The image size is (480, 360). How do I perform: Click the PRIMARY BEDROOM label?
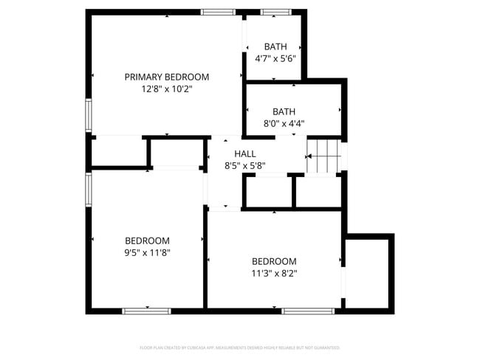tap(166, 77)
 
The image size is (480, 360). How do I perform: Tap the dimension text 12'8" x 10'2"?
tap(166, 89)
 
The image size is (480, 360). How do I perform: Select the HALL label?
tap(245, 153)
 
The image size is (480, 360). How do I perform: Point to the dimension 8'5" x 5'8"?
tap(245, 166)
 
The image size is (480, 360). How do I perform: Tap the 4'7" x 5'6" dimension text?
tap(275, 59)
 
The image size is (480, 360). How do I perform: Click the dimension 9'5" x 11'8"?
tap(147, 253)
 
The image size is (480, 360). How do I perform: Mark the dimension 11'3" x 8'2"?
tap(274, 273)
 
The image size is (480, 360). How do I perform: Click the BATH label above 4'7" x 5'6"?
tap(275, 46)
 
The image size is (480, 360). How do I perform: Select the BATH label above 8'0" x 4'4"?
tap(284, 111)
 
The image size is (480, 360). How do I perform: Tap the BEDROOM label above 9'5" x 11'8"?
tap(147, 240)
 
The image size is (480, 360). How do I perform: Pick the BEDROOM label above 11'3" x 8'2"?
tap(274, 261)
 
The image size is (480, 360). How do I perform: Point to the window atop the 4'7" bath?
tap(275, 13)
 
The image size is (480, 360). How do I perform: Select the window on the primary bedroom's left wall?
tap(89, 114)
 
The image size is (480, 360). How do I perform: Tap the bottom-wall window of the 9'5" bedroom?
tap(146, 311)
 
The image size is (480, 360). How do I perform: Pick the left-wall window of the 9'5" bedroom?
tap(89, 188)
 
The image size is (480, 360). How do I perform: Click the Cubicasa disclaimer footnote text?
tap(240, 347)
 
